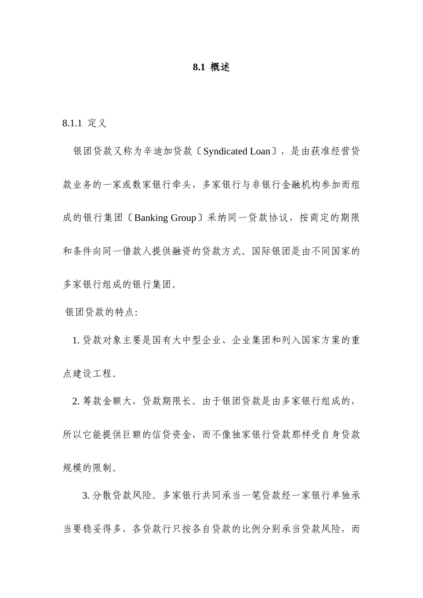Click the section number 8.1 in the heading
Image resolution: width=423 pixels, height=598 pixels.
198,68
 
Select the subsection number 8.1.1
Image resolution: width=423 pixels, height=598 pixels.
72,123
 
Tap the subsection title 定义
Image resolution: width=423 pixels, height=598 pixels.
97,123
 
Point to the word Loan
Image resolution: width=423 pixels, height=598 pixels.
260,151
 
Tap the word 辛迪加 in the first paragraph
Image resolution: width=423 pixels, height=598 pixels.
157,151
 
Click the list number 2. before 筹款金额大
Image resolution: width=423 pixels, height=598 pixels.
76,402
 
